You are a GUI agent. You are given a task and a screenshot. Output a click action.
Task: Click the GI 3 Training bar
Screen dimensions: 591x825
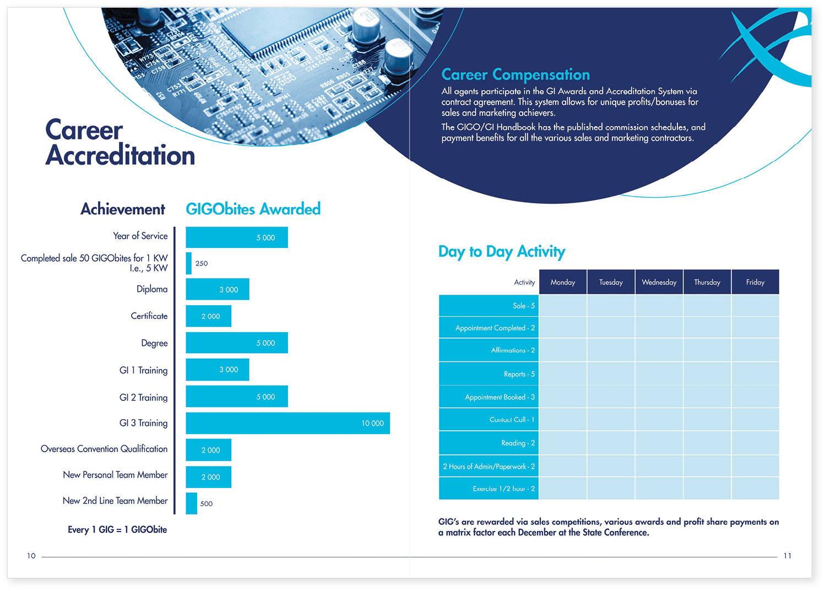tap(287, 423)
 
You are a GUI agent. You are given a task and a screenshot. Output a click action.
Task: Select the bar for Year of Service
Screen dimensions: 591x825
tap(237, 237)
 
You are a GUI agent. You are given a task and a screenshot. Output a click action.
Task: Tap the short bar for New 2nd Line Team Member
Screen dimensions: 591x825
tap(191, 503)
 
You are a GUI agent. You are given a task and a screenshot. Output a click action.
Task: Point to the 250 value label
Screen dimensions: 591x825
tap(202, 263)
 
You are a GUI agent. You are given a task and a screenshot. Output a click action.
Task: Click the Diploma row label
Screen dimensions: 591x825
tap(152, 289)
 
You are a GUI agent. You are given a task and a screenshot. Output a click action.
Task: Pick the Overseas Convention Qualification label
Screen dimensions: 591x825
tap(104, 449)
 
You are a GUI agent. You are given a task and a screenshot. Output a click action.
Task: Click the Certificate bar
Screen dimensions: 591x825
tap(208, 316)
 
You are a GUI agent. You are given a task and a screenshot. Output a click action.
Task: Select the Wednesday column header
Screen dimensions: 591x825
tap(659, 282)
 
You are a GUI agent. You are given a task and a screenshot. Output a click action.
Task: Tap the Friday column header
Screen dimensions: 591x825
tap(755, 282)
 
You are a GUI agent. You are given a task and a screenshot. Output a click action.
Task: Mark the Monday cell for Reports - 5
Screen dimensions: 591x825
tap(563, 374)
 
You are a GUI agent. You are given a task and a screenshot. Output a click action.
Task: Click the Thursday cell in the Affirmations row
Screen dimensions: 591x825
tap(707, 350)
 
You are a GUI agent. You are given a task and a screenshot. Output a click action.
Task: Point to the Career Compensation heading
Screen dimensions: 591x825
tap(515, 74)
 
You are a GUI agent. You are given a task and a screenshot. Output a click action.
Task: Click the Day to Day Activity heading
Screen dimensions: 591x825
tap(502, 252)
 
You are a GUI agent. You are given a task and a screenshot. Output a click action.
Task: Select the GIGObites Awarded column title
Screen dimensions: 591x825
tap(253, 209)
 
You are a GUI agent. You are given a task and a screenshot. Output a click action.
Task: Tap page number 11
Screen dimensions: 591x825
tap(787, 556)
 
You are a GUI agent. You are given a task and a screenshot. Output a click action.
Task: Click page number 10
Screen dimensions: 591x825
tap(31, 556)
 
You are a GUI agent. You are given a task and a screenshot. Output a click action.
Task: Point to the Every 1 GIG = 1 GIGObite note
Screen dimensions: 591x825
tap(117, 529)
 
